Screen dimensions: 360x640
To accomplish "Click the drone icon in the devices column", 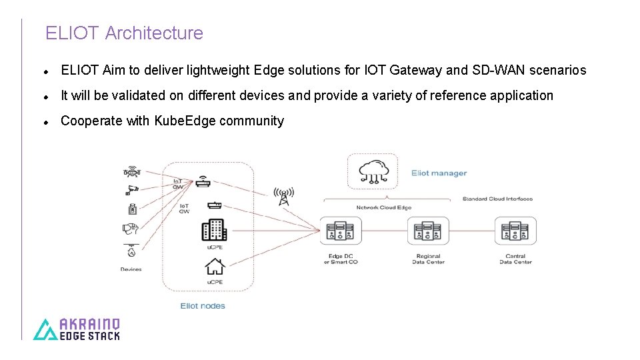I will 131,171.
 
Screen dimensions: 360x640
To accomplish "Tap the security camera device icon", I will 132,189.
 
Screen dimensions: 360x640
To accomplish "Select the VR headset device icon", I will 131,229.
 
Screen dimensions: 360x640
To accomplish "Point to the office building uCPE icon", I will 214,230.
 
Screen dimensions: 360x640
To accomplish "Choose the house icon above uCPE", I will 214,267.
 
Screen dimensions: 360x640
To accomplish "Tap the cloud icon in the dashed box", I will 372,171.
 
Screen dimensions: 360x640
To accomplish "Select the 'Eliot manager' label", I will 439,173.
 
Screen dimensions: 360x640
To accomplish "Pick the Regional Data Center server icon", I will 428,231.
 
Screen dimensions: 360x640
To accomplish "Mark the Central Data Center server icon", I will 515,231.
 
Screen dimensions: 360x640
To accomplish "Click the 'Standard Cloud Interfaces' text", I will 497,199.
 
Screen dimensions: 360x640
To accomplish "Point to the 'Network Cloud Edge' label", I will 383,207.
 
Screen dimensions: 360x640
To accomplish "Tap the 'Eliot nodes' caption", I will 203,306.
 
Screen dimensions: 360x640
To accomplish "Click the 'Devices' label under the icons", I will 131,269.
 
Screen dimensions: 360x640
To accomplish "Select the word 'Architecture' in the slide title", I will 154,33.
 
